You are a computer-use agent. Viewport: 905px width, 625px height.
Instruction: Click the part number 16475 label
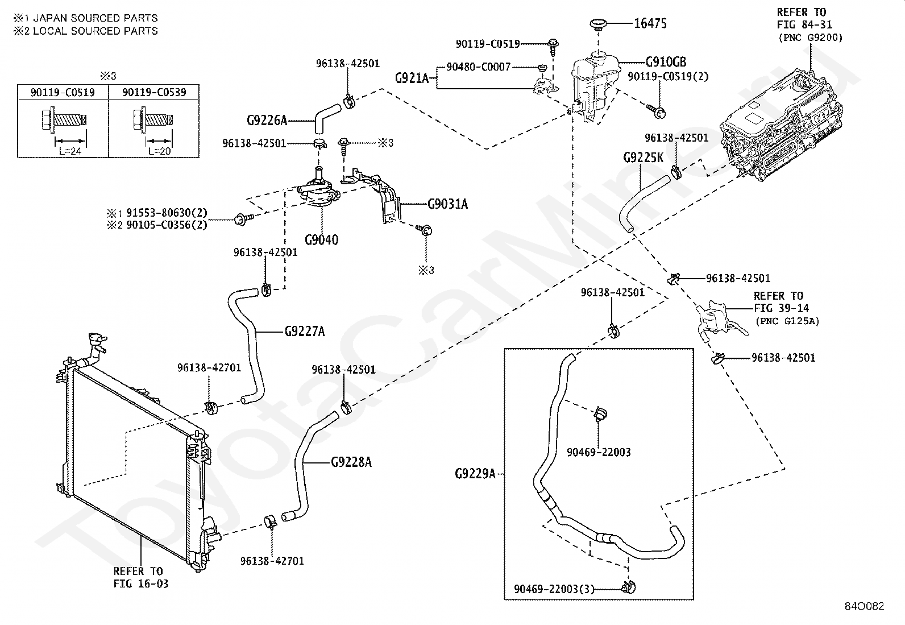(650, 23)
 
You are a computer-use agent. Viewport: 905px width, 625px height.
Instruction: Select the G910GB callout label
(666, 62)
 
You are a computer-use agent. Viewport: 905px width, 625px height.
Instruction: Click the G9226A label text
(267, 120)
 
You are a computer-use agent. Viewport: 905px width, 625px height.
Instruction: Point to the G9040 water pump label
(321, 240)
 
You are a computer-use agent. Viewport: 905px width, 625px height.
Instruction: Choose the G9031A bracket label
(447, 204)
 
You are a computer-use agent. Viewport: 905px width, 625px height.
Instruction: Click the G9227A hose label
(305, 332)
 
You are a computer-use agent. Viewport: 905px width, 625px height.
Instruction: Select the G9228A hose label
(351, 462)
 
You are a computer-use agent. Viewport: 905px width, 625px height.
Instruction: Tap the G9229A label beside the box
(475, 474)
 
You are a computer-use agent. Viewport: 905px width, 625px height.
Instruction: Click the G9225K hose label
(643, 158)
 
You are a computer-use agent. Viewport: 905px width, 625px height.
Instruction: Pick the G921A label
(412, 77)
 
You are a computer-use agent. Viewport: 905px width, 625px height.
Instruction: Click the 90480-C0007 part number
(478, 67)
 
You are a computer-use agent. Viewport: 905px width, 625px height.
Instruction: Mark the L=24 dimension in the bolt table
(70, 151)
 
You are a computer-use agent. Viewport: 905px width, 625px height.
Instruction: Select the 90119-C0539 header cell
(154, 92)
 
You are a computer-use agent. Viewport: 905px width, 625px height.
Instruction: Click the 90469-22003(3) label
(554, 589)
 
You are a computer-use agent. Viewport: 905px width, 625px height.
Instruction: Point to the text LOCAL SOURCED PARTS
(96, 31)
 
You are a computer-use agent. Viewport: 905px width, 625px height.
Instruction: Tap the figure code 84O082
(864, 606)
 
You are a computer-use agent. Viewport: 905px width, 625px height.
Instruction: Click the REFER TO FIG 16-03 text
(140, 577)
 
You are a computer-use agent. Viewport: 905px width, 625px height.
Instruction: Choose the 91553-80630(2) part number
(167, 212)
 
